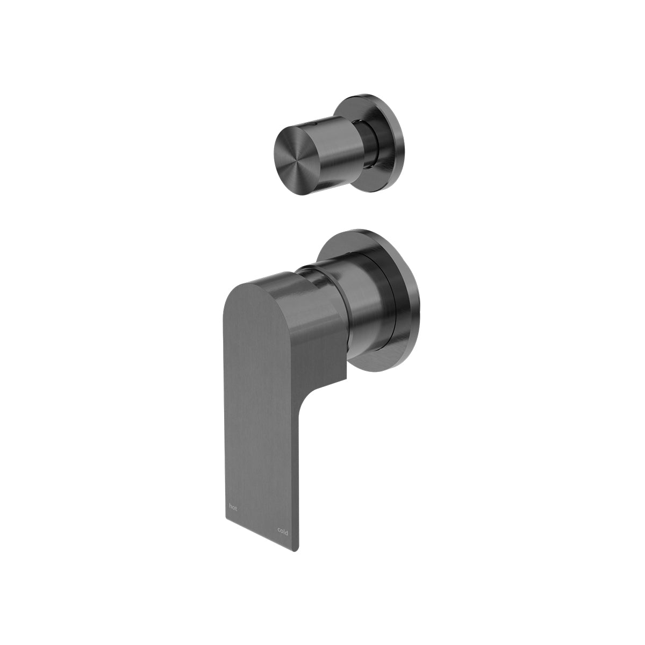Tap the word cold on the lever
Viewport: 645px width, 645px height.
(x=283, y=532)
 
